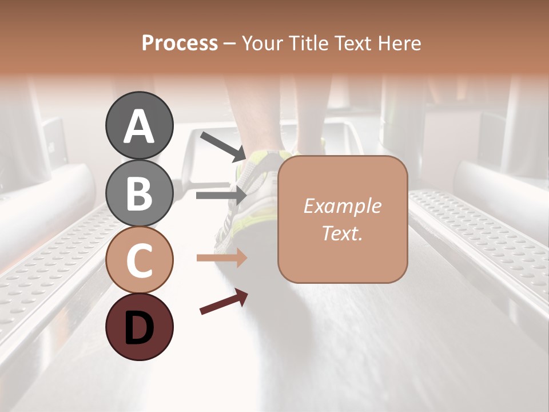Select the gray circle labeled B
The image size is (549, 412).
tap(139, 192)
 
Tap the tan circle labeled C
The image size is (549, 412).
tap(139, 260)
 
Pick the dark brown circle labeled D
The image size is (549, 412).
tap(139, 327)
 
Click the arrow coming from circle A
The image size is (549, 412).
tap(223, 146)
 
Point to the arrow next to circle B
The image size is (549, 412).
tap(221, 195)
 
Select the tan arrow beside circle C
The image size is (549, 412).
tap(221, 258)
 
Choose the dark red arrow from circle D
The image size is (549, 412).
tap(224, 302)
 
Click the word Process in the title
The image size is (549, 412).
tap(180, 43)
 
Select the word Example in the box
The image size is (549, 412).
tap(342, 206)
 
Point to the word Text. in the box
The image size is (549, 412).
tap(342, 233)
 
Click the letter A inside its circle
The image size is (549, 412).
tap(139, 127)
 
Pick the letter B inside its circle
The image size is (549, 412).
tap(139, 193)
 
